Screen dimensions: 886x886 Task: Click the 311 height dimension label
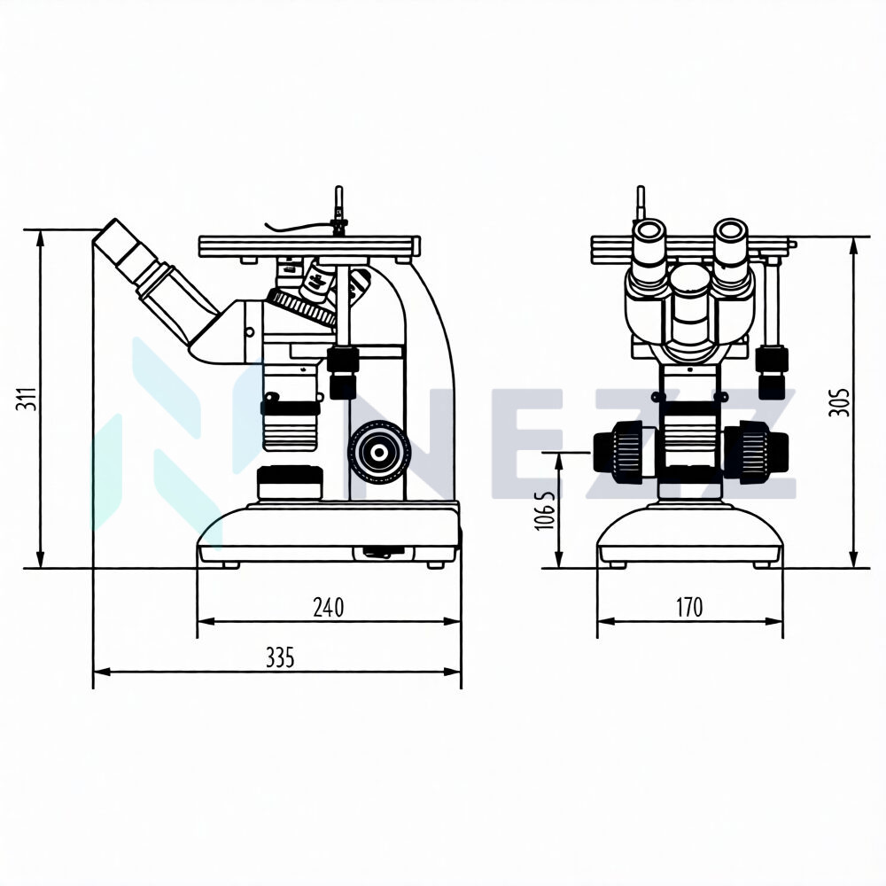tap(27, 399)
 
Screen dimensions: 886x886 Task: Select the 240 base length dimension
tap(329, 608)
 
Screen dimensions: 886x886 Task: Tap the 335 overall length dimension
tap(280, 657)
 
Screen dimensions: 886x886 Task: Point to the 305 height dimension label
tap(838, 402)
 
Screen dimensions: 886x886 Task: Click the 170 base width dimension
tap(690, 608)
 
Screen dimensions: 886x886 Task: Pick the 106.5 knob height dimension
tap(544, 510)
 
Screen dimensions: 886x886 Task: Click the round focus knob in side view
tap(379, 452)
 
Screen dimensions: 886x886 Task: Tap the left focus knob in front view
tap(624, 453)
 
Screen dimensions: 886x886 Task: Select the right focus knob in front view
tap(756, 452)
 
